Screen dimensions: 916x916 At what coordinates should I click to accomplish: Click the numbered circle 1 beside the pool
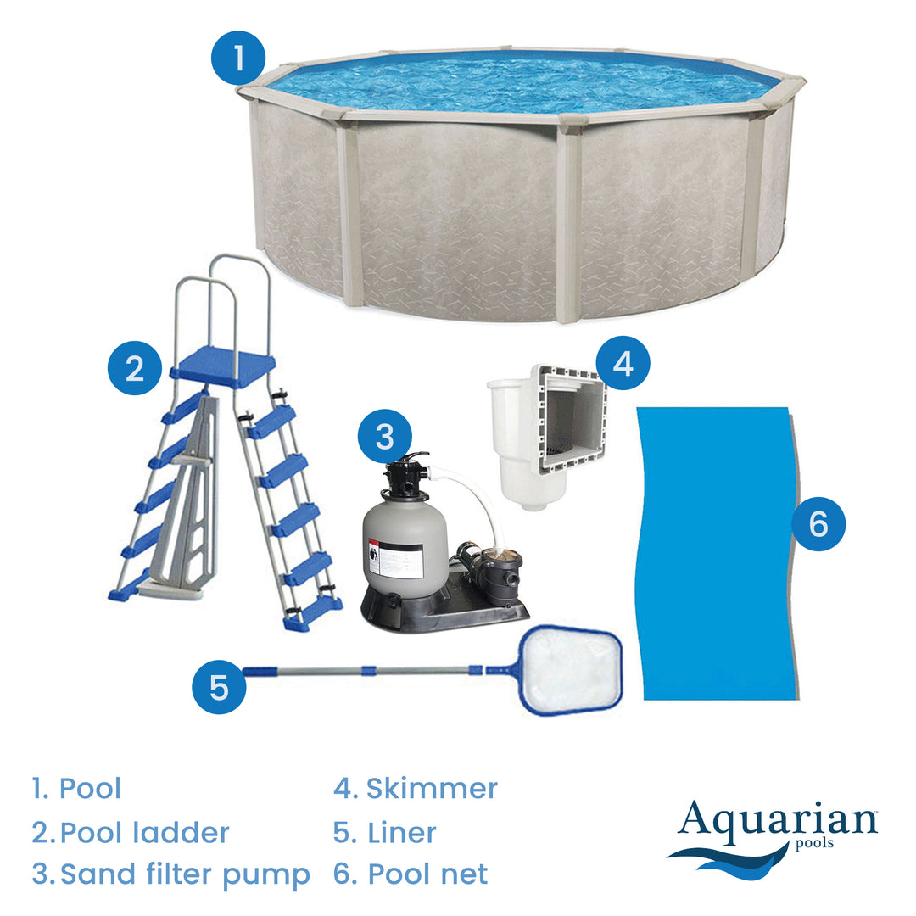[x=238, y=58]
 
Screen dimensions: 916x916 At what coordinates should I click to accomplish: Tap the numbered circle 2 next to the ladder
[x=135, y=368]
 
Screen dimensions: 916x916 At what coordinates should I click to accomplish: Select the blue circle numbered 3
[x=385, y=437]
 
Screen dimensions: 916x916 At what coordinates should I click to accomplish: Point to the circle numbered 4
[x=623, y=363]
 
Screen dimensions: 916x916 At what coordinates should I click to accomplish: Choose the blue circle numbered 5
[x=219, y=686]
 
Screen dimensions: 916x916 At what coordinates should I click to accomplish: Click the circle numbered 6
[x=818, y=523]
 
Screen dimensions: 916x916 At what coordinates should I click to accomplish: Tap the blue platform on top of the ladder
[x=222, y=366]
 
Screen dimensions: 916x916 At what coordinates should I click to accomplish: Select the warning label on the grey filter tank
[x=395, y=560]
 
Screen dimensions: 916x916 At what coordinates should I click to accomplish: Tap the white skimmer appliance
[x=547, y=437]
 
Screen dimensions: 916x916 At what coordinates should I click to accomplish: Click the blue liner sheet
[x=718, y=553]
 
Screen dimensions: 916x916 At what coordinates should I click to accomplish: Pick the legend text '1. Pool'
[x=76, y=788]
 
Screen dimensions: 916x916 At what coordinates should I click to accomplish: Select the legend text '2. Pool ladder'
[x=131, y=833]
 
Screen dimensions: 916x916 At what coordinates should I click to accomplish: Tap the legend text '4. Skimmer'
[x=416, y=788]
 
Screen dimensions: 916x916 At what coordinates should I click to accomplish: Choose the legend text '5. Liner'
[x=385, y=833]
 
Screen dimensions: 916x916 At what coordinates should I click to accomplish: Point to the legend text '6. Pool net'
[x=411, y=874]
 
